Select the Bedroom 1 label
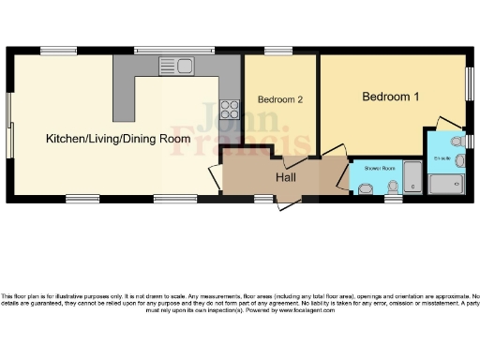tap(391, 97)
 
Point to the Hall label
tap(287, 176)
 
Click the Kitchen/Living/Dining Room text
tap(112, 139)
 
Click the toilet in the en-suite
tap(457, 141)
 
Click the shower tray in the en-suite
tap(445, 184)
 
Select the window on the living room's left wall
tap(9, 123)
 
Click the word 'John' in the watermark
tap(222, 125)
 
